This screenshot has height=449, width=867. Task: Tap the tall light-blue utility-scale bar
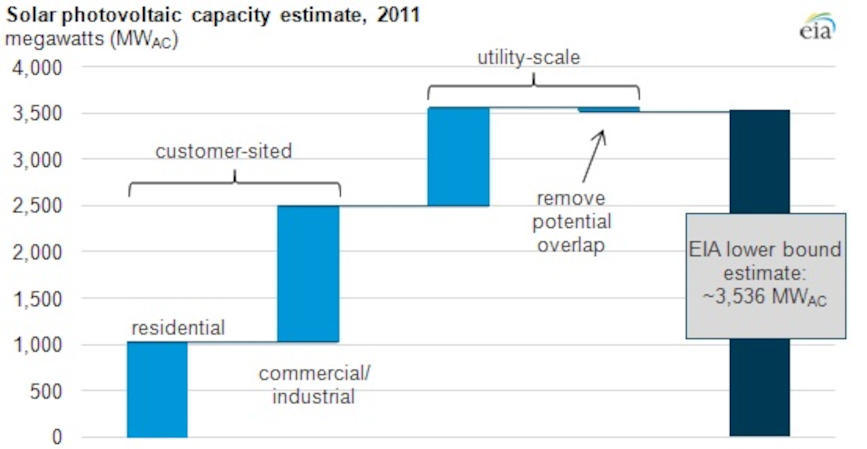coord(458,157)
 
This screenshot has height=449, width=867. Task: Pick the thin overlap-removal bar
coord(608,109)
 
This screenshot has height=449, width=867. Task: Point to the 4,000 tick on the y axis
coord(37,68)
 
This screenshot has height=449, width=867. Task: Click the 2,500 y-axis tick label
coord(37,206)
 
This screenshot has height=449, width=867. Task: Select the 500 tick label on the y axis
coord(46,391)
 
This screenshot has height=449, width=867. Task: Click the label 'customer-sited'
coord(224,151)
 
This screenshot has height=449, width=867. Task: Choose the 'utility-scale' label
coord(529,58)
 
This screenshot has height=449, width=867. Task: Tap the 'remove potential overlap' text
coord(572,222)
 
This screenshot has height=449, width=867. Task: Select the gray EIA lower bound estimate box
coord(765,276)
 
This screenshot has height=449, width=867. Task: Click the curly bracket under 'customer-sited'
coord(235,184)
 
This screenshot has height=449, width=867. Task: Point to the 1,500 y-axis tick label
coord(37,299)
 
